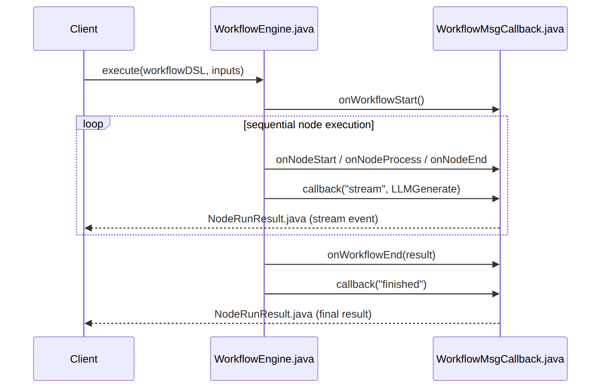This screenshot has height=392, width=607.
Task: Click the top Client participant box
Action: tap(84, 28)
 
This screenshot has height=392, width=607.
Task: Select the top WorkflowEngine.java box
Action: tap(264, 28)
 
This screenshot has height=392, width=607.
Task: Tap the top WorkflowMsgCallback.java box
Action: tap(500, 28)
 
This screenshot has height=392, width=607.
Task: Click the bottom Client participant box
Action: tap(84, 359)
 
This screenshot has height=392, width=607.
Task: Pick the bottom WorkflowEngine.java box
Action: tap(264, 359)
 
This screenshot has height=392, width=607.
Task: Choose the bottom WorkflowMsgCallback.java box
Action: tap(500, 359)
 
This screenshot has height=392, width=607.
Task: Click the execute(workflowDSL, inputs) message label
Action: tap(173, 70)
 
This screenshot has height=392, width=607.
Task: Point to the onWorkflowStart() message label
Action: tap(381, 100)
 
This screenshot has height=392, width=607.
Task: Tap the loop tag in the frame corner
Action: tap(93, 124)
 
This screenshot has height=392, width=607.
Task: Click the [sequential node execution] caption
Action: tap(309, 125)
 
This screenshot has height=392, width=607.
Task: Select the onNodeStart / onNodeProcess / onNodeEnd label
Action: tap(381, 160)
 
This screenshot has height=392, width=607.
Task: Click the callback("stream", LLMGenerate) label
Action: tap(381, 189)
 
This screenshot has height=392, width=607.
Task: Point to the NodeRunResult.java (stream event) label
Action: tap(293, 219)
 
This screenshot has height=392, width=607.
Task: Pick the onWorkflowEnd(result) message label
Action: tap(381, 255)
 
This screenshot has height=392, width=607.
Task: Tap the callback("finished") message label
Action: tap(381, 284)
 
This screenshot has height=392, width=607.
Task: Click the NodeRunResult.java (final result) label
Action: tap(293, 314)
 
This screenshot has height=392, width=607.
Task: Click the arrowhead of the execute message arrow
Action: tap(260, 80)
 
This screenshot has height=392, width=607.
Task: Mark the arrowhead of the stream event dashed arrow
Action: tap(88, 228)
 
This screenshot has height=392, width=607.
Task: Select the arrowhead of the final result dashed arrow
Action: tap(88, 323)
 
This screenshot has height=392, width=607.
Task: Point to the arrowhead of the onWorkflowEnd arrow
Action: tap(496, 264)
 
